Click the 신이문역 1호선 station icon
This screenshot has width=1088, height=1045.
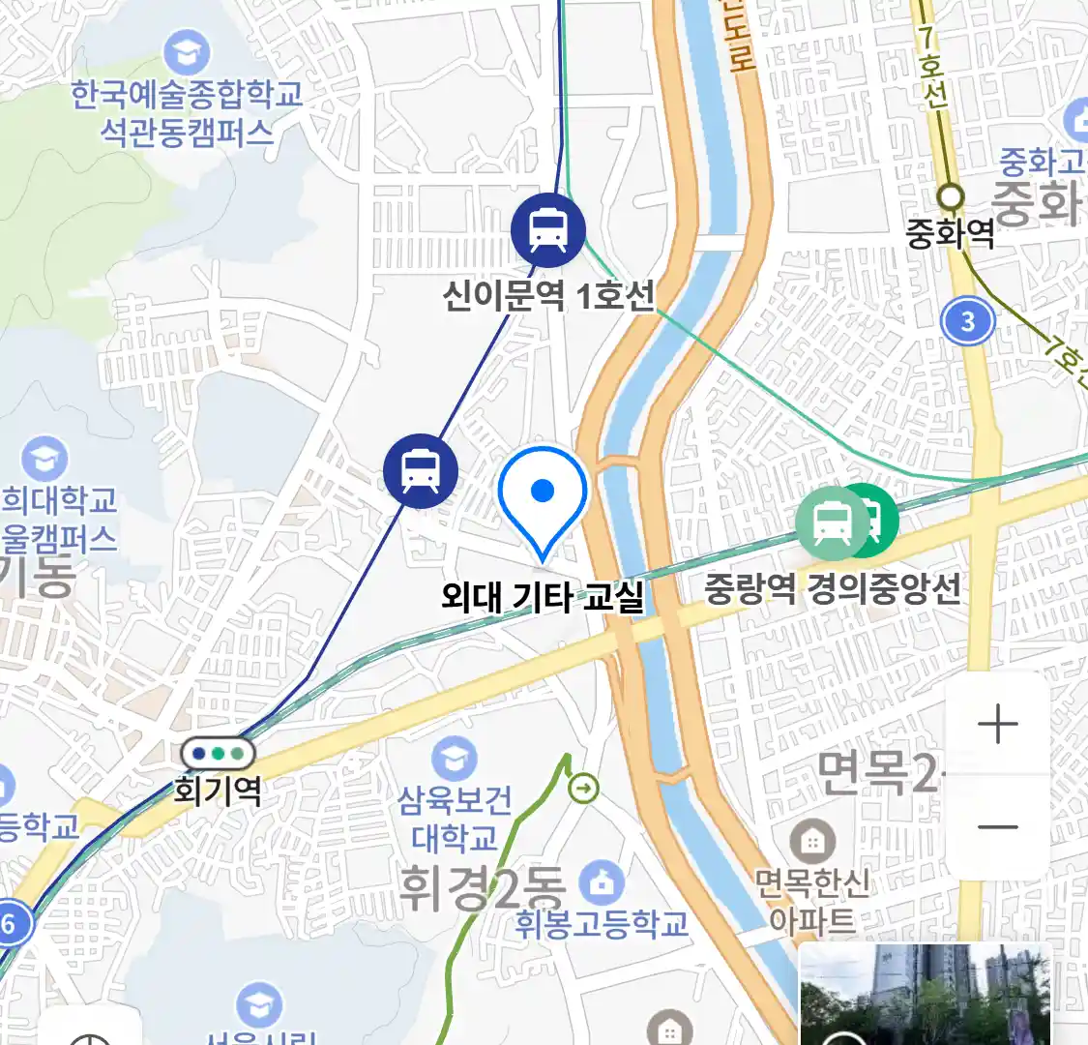click(548, 230)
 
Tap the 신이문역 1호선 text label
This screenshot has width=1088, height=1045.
click(548, 294)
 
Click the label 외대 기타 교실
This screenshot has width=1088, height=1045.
click(543, 596)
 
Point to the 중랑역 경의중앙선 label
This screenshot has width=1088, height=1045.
click(832, 587)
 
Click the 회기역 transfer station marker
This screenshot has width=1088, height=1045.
click(218, 753)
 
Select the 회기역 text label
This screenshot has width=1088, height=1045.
click(218, 791)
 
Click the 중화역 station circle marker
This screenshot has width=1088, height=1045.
click(952, 196)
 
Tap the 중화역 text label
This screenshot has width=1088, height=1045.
click(950, 233)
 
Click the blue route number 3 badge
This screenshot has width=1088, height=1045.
click(968, 320)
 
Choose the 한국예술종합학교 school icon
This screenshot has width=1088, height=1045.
click(187, 52)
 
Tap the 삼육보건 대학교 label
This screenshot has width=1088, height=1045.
click(455, 819)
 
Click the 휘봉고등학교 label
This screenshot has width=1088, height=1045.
click(602, 924)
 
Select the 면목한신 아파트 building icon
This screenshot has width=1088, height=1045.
click(812, 843)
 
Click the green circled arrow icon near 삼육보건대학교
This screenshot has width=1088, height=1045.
click(584, 790)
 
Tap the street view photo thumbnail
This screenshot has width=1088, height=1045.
click(924, 995)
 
